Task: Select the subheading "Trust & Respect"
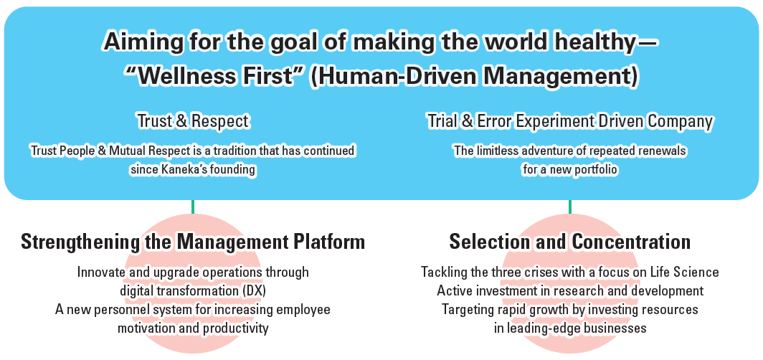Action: pos(193,121)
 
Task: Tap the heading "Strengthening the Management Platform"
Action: pos(193,241)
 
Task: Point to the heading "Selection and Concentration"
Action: pos(570,241)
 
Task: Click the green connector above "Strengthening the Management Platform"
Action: pos(193,207)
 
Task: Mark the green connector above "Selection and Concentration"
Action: pos(570,207)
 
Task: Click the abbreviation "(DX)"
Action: pos(255,290)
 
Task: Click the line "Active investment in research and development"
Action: pos(570,290)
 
